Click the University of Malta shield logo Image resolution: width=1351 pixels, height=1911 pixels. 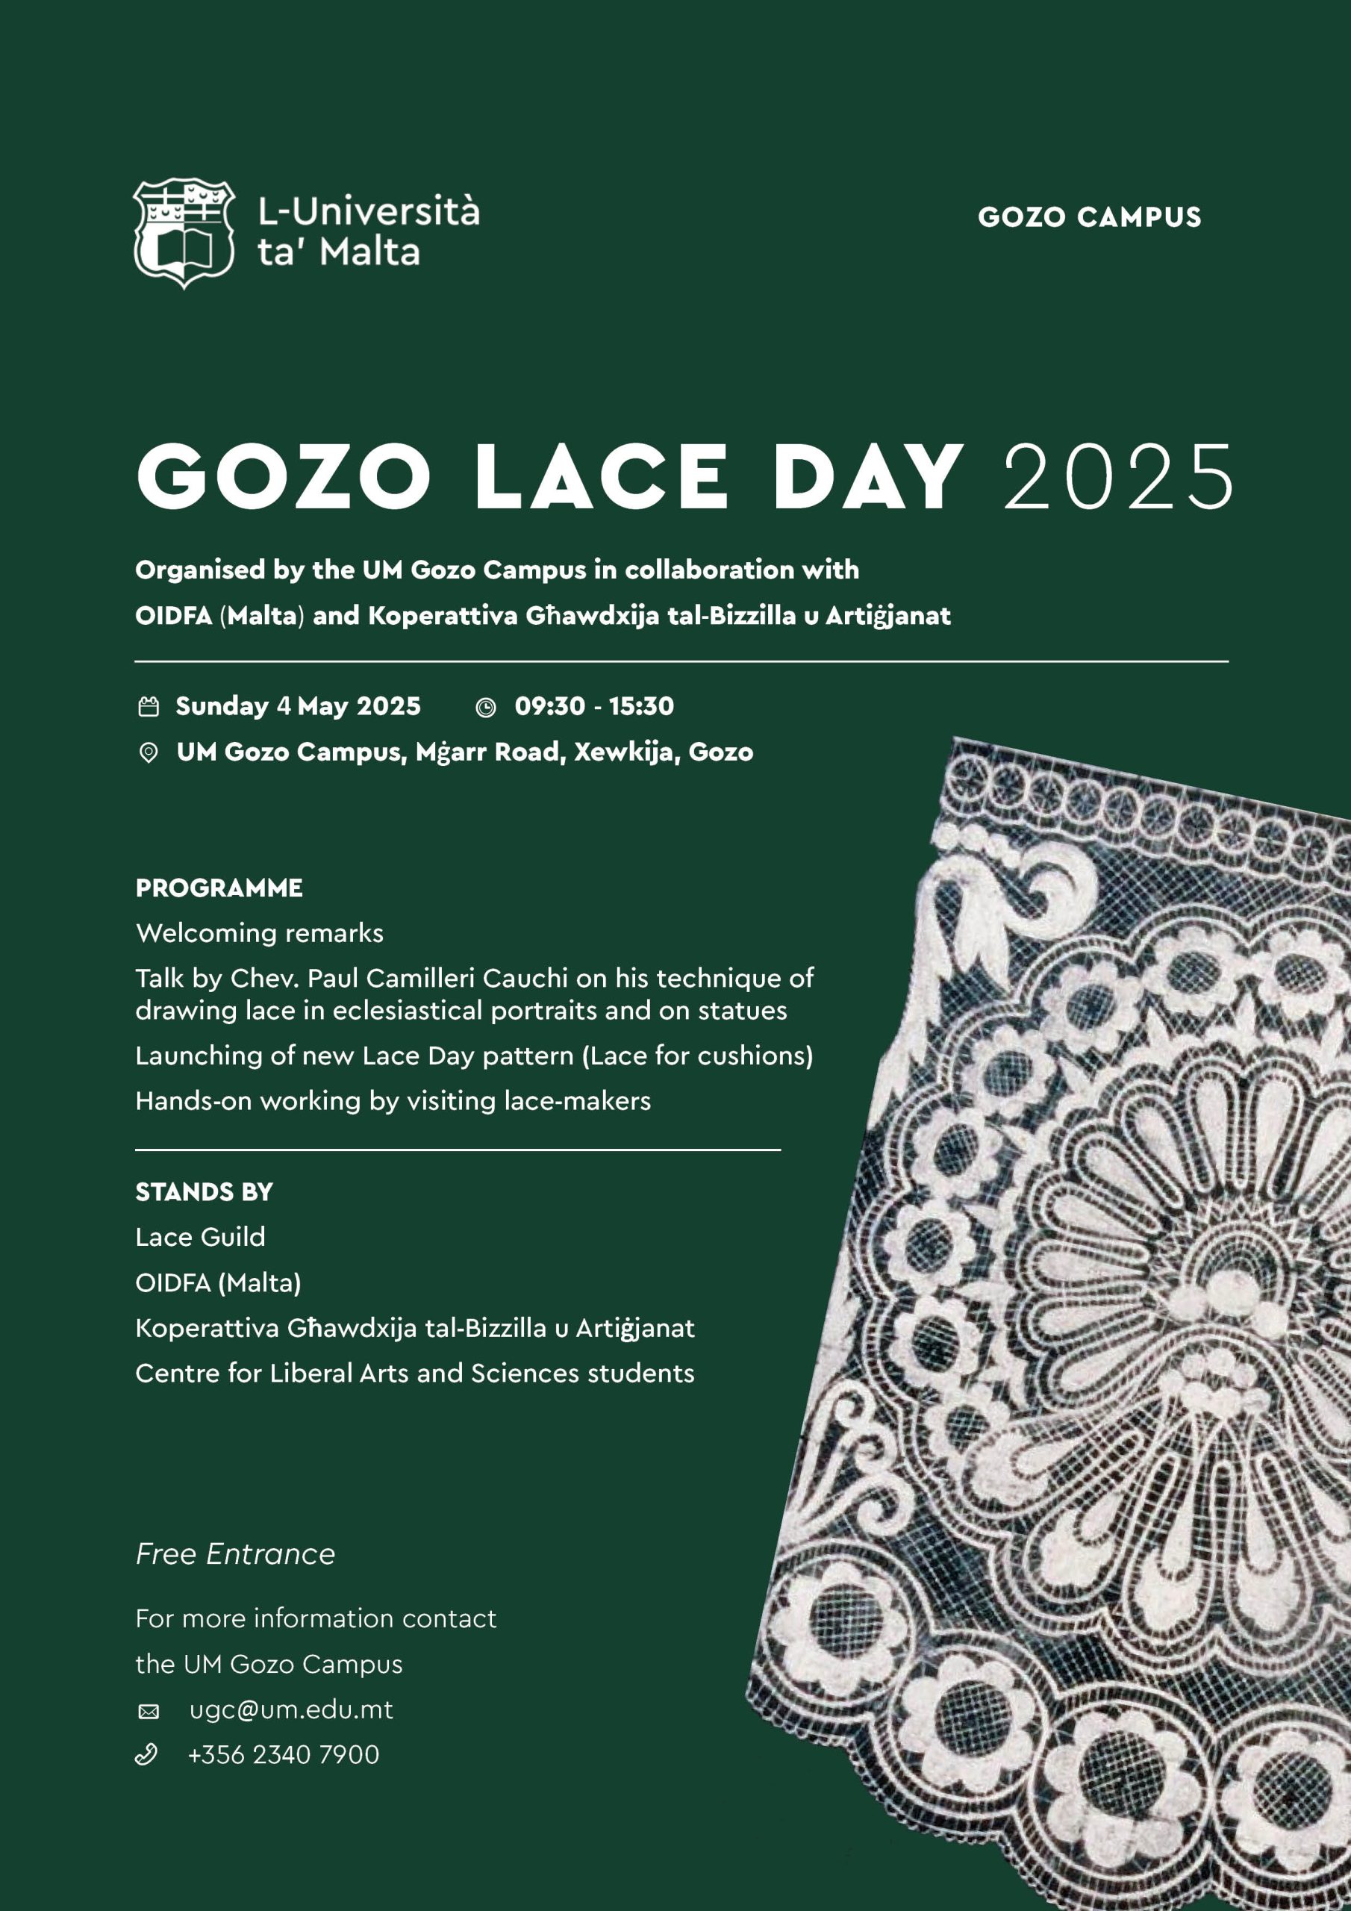click(x=183, y=232)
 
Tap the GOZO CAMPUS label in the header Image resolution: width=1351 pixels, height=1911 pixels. click(x=1089, y=217)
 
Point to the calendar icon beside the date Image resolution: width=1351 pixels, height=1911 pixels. click(x=149, y=707)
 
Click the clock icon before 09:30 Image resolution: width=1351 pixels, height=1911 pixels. click(x=485, y=708)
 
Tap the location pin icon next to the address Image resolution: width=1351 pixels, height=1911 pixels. click(x=149, y=753)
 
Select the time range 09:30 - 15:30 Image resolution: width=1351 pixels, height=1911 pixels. click(x=593, y=706)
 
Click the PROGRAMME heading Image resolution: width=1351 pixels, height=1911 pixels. click(x=219, y=888)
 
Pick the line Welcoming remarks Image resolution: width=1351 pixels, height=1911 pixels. click(x=259, y=933)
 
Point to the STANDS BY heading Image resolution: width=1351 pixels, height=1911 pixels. click(x=204, y=1192)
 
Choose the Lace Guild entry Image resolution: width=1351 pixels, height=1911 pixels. click(x=200, y=1237)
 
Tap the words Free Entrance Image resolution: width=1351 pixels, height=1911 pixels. click(x=234, y=1554)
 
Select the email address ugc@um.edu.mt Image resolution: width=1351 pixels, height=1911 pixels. click(x=290, y=1709)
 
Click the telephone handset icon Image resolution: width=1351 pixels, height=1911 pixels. click(x=146, y=1754)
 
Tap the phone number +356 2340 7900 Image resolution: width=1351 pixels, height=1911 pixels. click(x=283, y=1754)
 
